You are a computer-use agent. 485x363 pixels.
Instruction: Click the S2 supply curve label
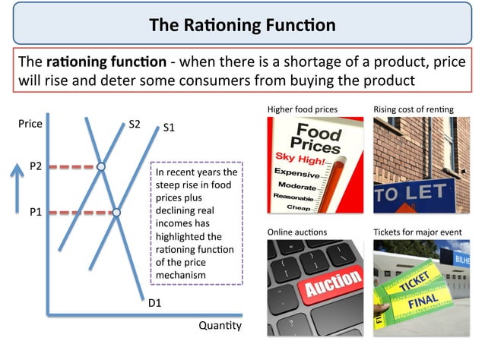(135, 123)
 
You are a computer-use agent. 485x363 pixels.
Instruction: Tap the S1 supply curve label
(169, 128)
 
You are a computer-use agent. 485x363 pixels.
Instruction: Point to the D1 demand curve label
(154, 303)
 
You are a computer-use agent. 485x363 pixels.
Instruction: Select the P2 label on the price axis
(36, 166)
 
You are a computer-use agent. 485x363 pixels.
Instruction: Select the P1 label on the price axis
(36, 213)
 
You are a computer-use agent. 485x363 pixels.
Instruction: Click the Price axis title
(30, 123)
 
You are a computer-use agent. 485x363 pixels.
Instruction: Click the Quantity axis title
(220, 326)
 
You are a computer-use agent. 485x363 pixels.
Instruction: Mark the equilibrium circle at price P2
(101, 166)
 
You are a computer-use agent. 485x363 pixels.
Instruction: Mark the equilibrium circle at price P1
(116, 213)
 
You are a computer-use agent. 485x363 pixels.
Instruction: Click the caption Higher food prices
(303, 109)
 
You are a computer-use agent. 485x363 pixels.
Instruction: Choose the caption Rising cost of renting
(413, 109)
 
